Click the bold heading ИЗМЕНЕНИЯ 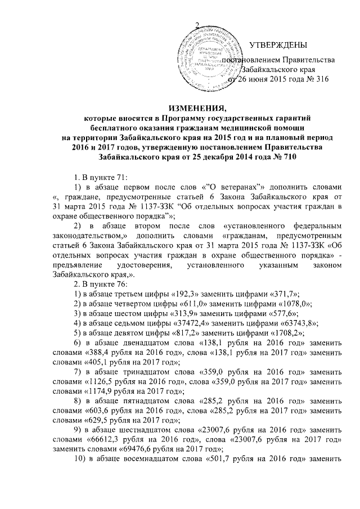tap(179, 107)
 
